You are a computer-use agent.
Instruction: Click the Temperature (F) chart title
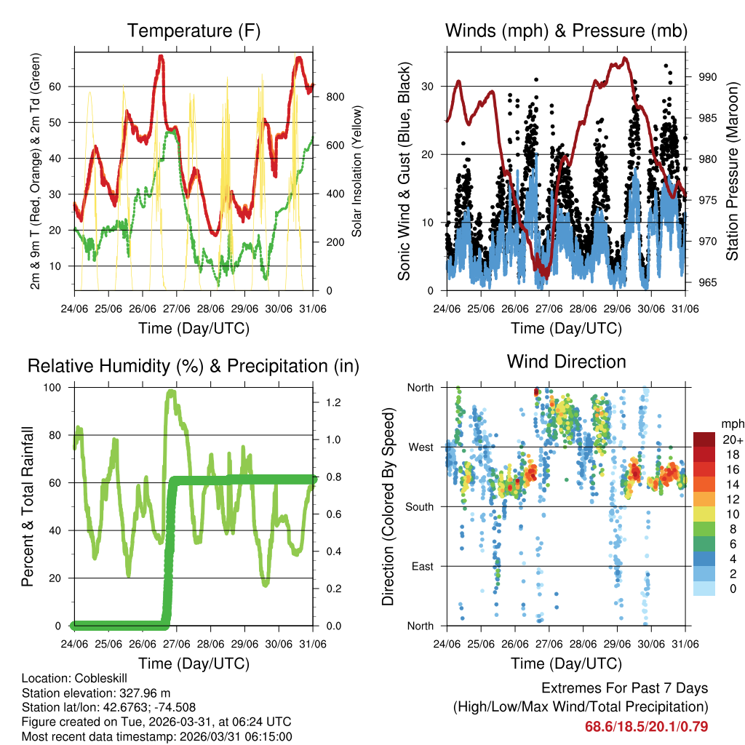(194, 31)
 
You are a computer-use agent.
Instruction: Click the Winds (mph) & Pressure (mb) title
(566, 31)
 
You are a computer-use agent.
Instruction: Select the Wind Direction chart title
(566, 362)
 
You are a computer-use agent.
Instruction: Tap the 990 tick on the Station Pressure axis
(708, 76)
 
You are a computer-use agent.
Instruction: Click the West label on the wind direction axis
(421, 447)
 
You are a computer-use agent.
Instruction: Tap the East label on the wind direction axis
(422, 566)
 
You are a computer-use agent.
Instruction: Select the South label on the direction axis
(420, 506)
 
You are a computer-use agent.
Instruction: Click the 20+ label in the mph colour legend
(732, 439)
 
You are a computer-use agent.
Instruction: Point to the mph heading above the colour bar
(731, 423)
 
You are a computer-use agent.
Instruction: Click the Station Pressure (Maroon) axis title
(733, 172)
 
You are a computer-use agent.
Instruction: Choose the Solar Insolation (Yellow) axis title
(357, 172)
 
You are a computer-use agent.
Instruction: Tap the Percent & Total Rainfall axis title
(28, 506)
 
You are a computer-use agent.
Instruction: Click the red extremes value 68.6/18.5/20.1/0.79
(647, 726)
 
